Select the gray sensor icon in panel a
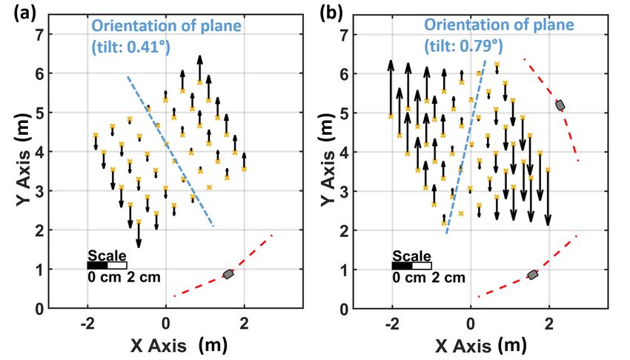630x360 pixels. (228, 274)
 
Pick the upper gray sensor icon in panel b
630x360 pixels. (560, 105)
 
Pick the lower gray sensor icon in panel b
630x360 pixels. (532, 275)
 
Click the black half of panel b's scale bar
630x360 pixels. (402, 264)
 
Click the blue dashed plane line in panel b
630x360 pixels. (466, 148)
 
